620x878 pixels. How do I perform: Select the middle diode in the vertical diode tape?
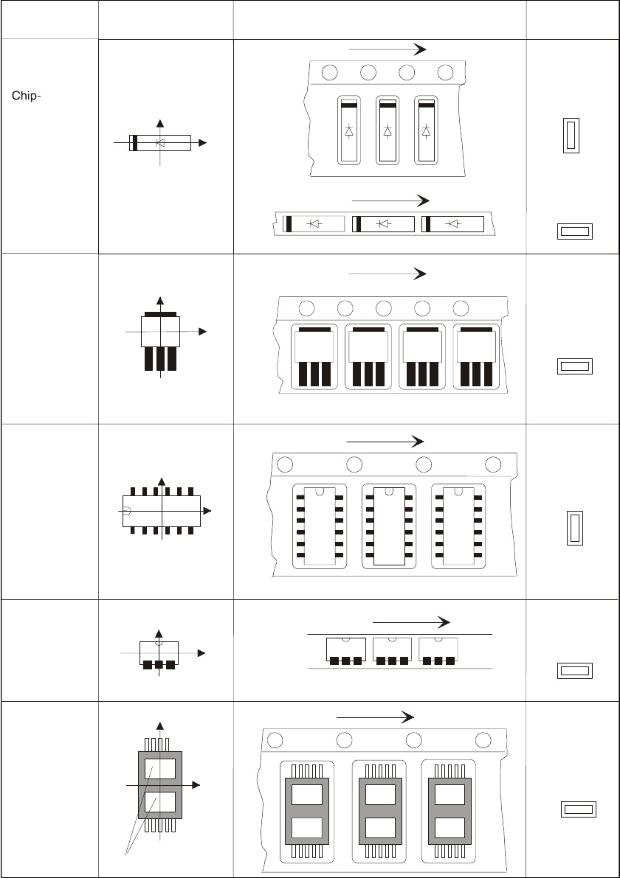387,130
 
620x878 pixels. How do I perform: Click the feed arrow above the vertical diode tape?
387,49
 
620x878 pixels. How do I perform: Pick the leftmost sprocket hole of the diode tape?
330,72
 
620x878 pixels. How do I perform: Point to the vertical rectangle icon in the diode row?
571,136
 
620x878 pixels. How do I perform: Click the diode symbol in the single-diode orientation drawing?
160,142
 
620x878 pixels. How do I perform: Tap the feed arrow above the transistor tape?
387,273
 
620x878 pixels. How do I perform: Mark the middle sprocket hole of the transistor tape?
383,307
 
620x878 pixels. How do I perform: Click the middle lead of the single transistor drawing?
160,358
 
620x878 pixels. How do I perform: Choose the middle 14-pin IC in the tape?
388,526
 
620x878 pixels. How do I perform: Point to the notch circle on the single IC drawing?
126,510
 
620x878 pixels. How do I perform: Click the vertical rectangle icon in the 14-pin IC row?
575,528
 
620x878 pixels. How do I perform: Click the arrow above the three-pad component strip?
411,621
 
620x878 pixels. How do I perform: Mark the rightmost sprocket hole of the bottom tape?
483,741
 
